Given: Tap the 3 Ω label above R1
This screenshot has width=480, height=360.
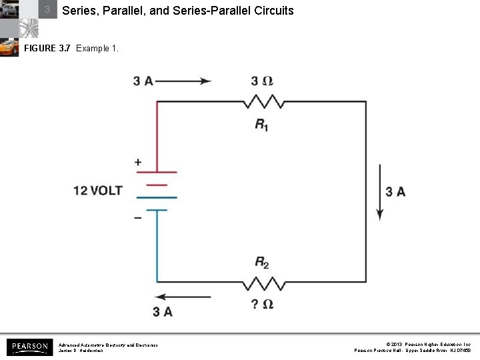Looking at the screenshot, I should [262, 81].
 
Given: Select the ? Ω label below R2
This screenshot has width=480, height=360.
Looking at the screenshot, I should [262, 304].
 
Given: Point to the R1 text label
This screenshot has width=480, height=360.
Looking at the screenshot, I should [262, 124].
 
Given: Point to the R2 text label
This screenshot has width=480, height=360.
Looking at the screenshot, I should [262, 262].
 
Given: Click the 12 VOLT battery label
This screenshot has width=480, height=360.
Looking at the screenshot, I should [98, 191].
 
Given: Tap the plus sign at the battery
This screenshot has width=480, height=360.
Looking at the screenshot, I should [138, 162].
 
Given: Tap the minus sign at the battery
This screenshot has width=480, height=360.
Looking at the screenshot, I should [138, 218].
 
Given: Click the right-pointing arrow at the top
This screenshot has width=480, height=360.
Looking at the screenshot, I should [183, 81].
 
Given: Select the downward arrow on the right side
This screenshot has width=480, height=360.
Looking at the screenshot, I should [380, 192].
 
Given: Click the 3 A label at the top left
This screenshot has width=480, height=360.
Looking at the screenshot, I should [143, 81].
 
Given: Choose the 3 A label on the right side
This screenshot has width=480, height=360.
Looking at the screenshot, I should [395, 192].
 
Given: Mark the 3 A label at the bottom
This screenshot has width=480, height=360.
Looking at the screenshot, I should [162, 311].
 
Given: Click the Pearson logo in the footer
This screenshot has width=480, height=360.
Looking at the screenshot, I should [29, 347].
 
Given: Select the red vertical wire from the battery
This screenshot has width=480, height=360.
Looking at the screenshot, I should [157, 133].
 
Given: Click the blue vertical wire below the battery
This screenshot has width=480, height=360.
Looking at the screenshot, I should [157, 247].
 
